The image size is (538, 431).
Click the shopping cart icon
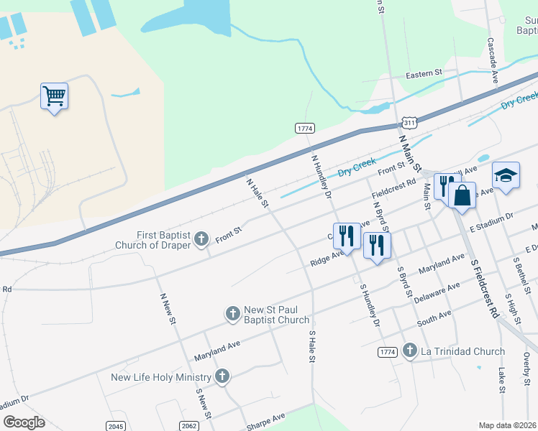pyautogui.click(x=55, y=96)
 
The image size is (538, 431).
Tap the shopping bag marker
pyautogui.click(x=462, y=194)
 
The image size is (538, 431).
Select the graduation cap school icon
pyautogui.click(x=506, y=176)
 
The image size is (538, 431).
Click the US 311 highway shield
pyautogui.click(x=409, y=124)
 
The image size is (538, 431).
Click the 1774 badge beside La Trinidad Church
pyautogui.click(x=387, y=351)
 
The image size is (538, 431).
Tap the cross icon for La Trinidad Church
pyautogui.click(x=409, y=351)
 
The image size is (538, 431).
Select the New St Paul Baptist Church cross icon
pyautogui.click(x=232, y=313)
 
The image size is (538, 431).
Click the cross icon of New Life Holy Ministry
pyautogui.click(x=222, y=376)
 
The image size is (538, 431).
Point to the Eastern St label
pyautogui.click(x=423, y=74)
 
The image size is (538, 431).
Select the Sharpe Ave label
pyautogui.click(x=266, y=421)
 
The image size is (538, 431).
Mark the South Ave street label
pyautogui.click(x=434, y=317)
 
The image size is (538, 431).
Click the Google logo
pyautogui.click(x=24, y=422)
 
